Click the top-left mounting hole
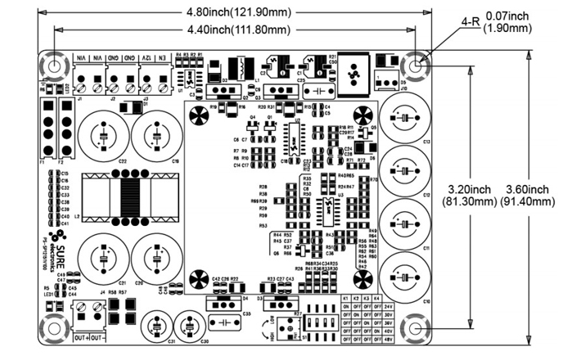53,66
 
